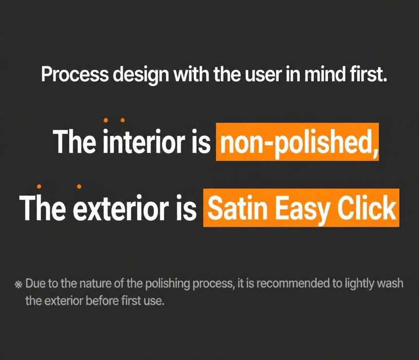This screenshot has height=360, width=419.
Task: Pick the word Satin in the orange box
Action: tap(238, 208)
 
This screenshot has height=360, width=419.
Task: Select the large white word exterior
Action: tap(121, 208)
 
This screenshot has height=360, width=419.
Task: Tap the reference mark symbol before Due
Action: tap(18, 285)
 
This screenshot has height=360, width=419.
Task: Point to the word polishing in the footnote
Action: tap(167, 284)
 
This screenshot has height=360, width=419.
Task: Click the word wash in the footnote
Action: tap(391, 284)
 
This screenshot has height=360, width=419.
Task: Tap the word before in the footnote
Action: tap(102, 301)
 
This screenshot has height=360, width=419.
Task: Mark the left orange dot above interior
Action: tap(106, 120)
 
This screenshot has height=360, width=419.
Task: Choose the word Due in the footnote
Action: tap(35, 284)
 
